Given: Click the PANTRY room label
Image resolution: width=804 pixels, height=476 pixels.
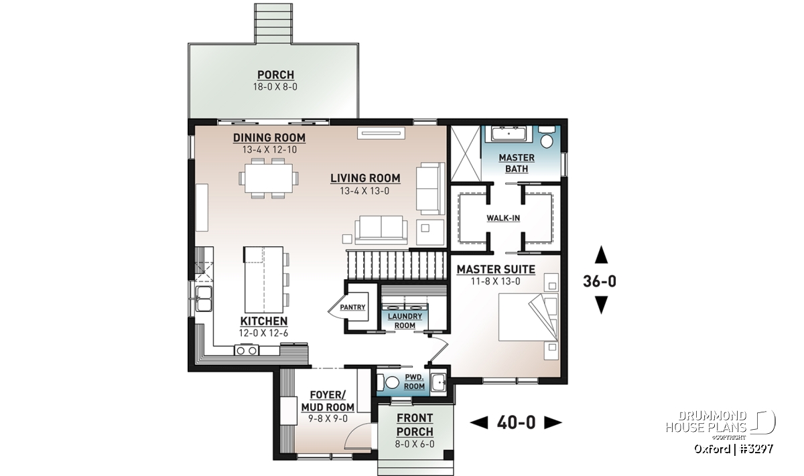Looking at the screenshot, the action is click(x=352, y=307).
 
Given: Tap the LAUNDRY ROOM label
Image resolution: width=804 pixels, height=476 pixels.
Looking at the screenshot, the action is click(x=405, y=321).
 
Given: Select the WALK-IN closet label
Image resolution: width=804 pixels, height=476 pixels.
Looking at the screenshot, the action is click(x=503, y=218).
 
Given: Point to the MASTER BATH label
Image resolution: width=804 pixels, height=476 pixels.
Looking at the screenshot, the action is click(x=517, y=163).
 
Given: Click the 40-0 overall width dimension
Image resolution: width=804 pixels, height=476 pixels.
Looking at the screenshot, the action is click(x=516, y=422).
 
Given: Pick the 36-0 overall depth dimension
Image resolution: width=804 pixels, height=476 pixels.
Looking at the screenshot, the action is click(x=600, y=281).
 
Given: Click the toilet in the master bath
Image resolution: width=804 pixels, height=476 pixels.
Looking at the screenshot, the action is click(x=547, y=137).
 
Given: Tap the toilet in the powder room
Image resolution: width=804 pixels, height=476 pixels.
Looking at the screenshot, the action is click(x=389, y=382).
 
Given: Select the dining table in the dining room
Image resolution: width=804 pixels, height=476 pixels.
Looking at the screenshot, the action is click(x=269, y=178).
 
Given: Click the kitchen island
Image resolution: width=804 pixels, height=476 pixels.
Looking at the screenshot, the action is click(x=264, y=279).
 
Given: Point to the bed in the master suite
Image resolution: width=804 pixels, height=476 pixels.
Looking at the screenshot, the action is click(x=528, y=317).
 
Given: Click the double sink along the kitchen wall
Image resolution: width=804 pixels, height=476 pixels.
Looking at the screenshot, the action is click(x=203, y=299).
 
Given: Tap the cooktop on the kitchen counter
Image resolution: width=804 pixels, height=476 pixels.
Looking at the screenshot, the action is click(x=247, y=349).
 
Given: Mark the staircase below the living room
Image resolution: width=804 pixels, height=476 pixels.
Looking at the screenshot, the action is click(x=397, y=264).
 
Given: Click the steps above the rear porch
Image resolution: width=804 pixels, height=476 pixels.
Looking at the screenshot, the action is click(x=273, y=23).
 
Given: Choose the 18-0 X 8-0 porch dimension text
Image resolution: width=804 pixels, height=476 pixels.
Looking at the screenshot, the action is click(x=275, y=87).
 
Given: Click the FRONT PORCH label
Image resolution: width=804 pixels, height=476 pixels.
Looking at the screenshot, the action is click(x=415, y=425).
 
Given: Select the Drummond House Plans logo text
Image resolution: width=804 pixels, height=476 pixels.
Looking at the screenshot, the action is click(x=706, y=422).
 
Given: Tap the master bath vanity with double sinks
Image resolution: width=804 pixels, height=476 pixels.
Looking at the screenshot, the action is click(x=509, y=134).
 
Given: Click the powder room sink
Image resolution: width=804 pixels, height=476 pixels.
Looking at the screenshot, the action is click(x=438, y=382).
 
